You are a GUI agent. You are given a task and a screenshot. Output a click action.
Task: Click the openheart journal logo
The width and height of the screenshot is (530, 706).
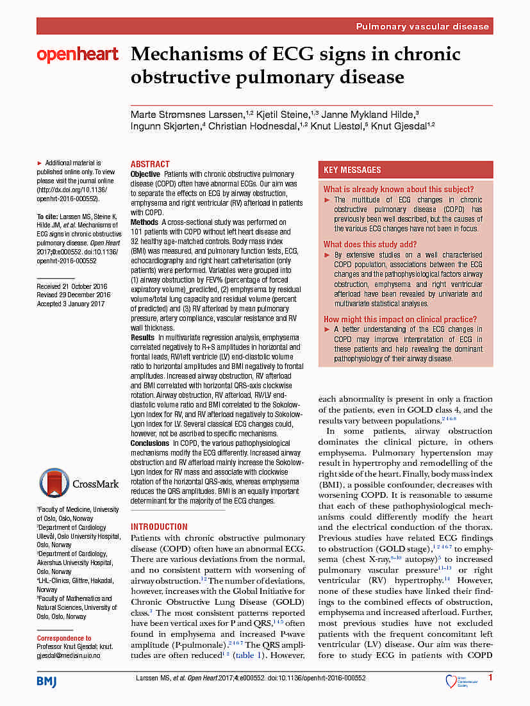coord(78,55)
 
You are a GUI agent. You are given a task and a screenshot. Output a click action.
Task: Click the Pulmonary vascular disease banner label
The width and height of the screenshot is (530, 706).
coord(422,26)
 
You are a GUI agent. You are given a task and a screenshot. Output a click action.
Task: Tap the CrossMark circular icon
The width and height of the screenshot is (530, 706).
coord(54,484)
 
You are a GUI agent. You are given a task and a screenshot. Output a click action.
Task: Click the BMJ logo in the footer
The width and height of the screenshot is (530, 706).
coord(46,680)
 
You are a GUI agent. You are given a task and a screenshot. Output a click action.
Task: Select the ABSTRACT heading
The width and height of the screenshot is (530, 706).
coord(150,165)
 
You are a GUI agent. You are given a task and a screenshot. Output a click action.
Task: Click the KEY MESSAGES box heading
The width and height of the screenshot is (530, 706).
coord(352,170)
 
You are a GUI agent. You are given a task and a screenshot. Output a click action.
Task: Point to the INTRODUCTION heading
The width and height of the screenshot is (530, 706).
coord(159,527)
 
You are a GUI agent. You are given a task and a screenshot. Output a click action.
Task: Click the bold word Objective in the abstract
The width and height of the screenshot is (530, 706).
coord(145,174)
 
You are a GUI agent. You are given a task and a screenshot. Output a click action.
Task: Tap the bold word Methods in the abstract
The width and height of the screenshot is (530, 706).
coord(144,222)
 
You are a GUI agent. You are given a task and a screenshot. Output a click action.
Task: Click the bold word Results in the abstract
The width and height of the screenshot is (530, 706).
coord(142,337)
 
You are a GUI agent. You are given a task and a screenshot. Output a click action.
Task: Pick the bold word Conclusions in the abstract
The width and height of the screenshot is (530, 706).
coord(150,443)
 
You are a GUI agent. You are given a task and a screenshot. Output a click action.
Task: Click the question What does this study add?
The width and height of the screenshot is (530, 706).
coord(370,244)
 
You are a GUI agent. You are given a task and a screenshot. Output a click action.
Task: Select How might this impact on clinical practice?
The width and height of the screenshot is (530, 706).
coord(400,319)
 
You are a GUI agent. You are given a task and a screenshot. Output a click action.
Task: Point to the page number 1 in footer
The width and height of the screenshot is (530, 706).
coord(490,678)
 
